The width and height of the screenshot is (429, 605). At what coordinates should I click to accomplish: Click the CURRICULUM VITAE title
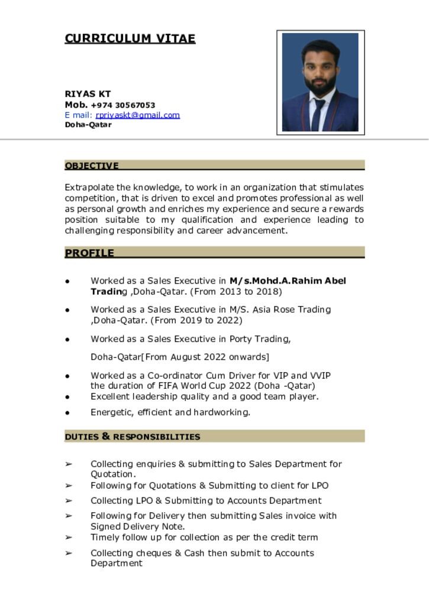(130, 39)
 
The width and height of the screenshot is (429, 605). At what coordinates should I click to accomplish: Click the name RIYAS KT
(88, 94)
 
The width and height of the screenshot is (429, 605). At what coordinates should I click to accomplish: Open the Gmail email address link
(137, 115)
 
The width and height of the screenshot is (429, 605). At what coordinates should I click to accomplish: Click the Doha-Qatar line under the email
(88, 125)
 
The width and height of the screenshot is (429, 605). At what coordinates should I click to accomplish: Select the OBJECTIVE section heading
(92, 165)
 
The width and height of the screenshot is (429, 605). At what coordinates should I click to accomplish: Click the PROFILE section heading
(89, 253)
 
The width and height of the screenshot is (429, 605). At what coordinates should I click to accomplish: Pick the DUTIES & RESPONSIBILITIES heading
(133, 437)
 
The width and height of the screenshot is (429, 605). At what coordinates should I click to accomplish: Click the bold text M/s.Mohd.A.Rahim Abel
(288, 281)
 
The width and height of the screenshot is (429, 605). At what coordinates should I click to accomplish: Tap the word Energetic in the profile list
(111, 412)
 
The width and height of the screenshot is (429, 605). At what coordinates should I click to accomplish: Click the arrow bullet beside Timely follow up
(69, 538)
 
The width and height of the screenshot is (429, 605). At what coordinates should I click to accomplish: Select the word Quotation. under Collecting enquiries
(113, 474)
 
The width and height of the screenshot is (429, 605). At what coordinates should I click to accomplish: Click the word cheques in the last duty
(154, 553)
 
